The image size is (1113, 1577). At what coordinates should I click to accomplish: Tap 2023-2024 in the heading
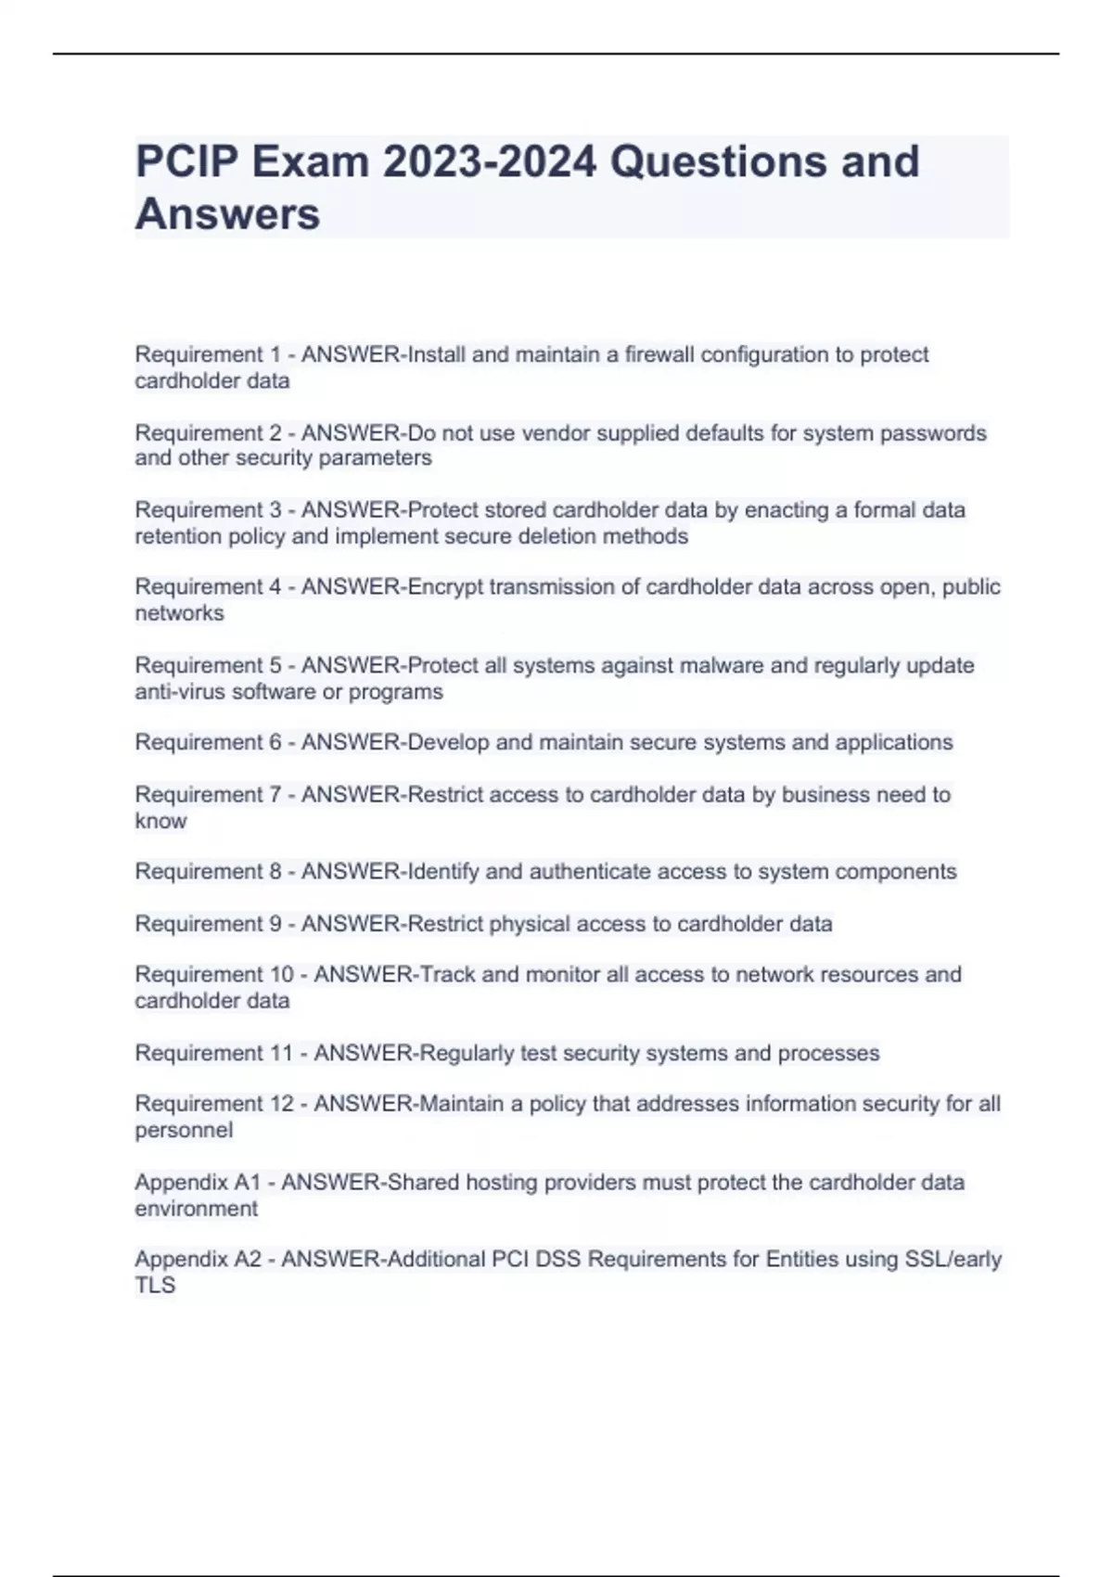[490, 161]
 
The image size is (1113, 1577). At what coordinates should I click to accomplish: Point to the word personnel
[184, 1131]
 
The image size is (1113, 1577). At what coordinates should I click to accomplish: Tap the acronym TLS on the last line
[155, 1286]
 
